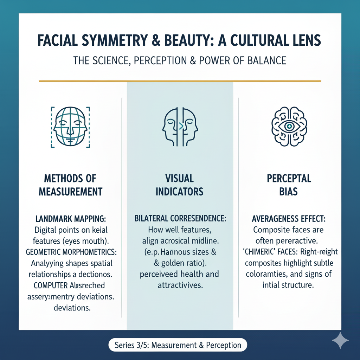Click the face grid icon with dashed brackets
[70, 127]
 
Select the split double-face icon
[180, 127]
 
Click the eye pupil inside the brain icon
[289, 126]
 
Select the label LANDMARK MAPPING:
[71, 219]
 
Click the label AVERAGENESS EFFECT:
[289, 219]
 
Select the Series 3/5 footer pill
[178, 345]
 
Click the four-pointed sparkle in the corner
[340, 340]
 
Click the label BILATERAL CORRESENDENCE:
[180, 219]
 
